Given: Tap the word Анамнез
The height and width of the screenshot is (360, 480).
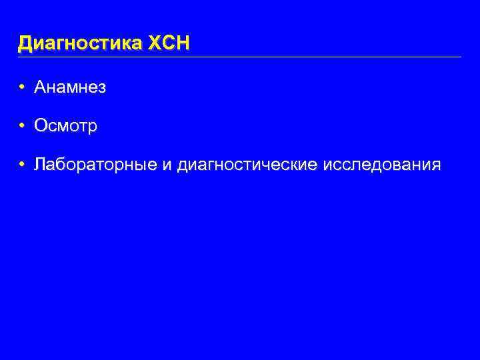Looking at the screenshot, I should [70, 88].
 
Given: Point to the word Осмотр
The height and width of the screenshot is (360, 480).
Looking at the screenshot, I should [66, 127].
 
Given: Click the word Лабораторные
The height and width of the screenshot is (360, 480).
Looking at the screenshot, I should [95, 165].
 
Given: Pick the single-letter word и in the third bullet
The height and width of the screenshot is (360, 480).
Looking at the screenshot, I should [166, 165].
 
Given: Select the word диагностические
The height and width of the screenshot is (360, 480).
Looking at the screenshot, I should [247, 165].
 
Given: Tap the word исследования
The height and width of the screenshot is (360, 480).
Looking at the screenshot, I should [381, 165].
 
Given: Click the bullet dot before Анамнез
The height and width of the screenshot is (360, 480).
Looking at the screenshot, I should [22, 88].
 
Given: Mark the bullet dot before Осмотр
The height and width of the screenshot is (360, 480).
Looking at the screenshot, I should [22, 127].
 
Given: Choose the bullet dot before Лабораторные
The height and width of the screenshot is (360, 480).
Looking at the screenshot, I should [22, 165].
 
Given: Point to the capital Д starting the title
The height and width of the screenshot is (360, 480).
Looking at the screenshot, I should [25, 44].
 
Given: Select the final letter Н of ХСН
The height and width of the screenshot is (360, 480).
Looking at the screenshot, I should [183, 44].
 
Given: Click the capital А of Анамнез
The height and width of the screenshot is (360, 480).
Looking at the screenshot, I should [40, 88].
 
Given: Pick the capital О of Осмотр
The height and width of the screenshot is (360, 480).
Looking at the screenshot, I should [41, 127].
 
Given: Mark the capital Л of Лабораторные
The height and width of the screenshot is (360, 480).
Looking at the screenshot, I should [40, 165].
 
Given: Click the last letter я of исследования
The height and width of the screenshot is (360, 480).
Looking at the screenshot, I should [435, 166].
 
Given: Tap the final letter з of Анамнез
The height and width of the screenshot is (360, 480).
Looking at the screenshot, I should [102, 89].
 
